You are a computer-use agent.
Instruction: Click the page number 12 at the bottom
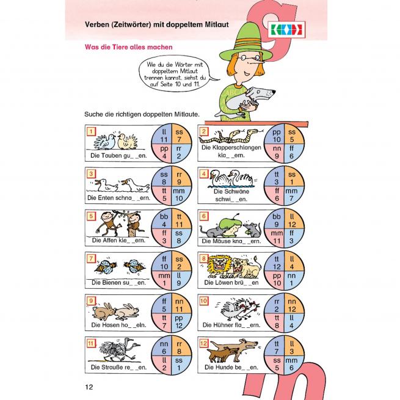[89, 387]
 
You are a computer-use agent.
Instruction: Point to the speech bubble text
[175, 75]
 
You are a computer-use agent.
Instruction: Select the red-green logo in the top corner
[287, 29]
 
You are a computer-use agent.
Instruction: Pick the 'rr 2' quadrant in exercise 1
[181, 152]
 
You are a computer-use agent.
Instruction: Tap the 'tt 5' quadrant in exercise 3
[164, 194]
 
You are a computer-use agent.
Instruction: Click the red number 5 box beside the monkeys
[91, 216]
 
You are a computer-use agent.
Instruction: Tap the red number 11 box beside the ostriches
[91, 343]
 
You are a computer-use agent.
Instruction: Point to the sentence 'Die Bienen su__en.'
[118, 283]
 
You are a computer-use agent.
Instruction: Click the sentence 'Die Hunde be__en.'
[231, 368]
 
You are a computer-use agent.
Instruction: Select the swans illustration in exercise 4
[231, 178]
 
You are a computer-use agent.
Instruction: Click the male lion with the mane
[219, 267]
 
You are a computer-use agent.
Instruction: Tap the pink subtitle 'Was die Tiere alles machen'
[129, 47]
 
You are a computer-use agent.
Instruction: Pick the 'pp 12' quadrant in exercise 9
[181, 321]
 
